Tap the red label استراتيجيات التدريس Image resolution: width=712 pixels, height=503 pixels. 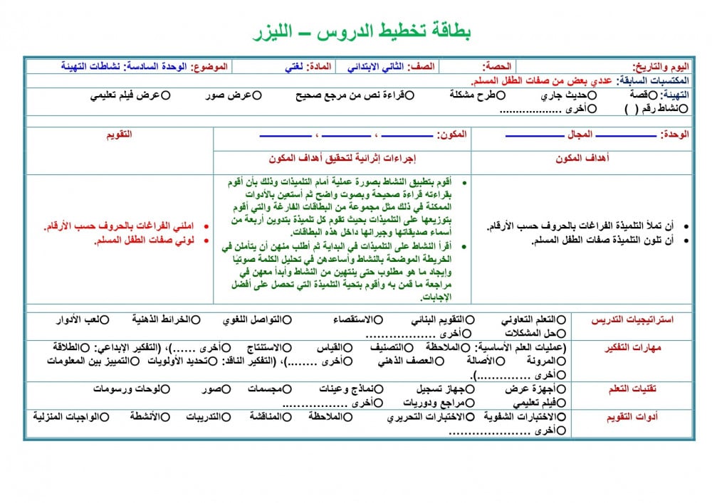click(x=633, y=319)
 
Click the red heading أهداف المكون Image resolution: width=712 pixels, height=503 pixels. click(x=582, y=158)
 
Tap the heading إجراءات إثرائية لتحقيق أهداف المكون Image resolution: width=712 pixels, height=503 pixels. click(x=342, y=158)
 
